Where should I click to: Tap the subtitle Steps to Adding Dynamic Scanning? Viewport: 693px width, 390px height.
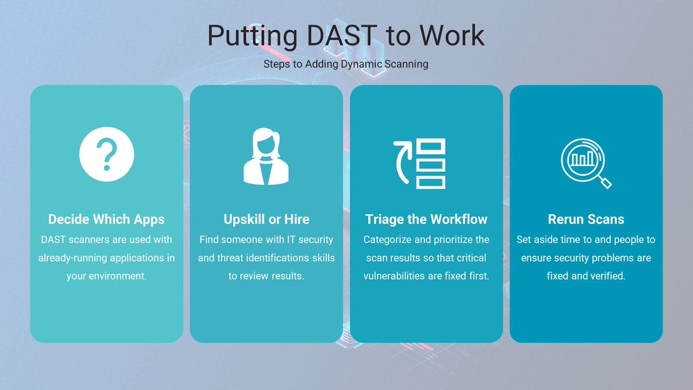click(x=346, y=64)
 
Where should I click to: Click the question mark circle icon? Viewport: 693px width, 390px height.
click(x=106, y=154)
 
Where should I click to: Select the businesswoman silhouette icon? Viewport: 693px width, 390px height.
click(x=266, y=157)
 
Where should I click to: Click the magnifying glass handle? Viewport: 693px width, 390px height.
click(x=605, y=182)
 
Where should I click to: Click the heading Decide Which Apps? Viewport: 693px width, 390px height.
click(x=106, y=220)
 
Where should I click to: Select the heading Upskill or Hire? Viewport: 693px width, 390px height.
click(x=266, y=220)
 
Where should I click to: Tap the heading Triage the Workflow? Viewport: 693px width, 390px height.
click(x=426, y=220)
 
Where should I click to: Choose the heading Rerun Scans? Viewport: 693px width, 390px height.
click(x=586, y=220)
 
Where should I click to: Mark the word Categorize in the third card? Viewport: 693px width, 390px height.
click(x=388, y=239)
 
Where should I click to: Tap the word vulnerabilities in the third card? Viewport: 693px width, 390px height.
click(x=394, y=276)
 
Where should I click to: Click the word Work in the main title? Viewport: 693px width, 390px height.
click(x=452, y=36)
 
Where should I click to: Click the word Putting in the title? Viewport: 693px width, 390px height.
click(x=251, y=36)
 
